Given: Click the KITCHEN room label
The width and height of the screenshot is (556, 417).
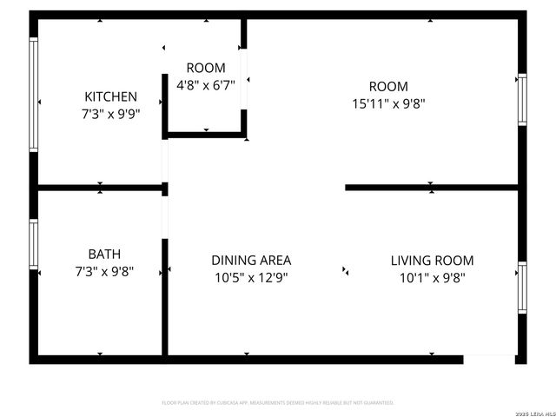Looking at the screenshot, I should pos(110,96).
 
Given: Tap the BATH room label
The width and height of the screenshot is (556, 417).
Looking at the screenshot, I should pos(104,254).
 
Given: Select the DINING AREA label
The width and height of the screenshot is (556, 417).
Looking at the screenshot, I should pos(251,260).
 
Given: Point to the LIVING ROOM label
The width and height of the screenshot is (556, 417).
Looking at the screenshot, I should pos(432,260).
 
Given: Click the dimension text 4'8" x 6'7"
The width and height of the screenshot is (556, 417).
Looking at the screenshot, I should pos(206,85).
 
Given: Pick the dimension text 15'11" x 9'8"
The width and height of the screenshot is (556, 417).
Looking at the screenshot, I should pos(387,103).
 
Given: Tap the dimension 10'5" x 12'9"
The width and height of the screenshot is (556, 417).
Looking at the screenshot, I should pos(250,278).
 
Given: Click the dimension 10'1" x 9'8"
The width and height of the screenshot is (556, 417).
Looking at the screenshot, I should pos(432,278).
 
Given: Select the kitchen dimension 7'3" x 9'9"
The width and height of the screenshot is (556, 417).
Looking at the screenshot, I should pos(110,113).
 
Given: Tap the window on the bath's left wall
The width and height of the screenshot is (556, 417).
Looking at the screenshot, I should pos(34,243).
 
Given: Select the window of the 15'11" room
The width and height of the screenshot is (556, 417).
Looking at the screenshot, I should pos(522,100).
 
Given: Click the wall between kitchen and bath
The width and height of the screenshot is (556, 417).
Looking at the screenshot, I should pos(100,187).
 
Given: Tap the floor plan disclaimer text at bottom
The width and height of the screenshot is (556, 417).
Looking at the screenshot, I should pos(278,403).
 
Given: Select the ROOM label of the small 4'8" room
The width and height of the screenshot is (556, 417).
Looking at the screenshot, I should pos(206,68).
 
